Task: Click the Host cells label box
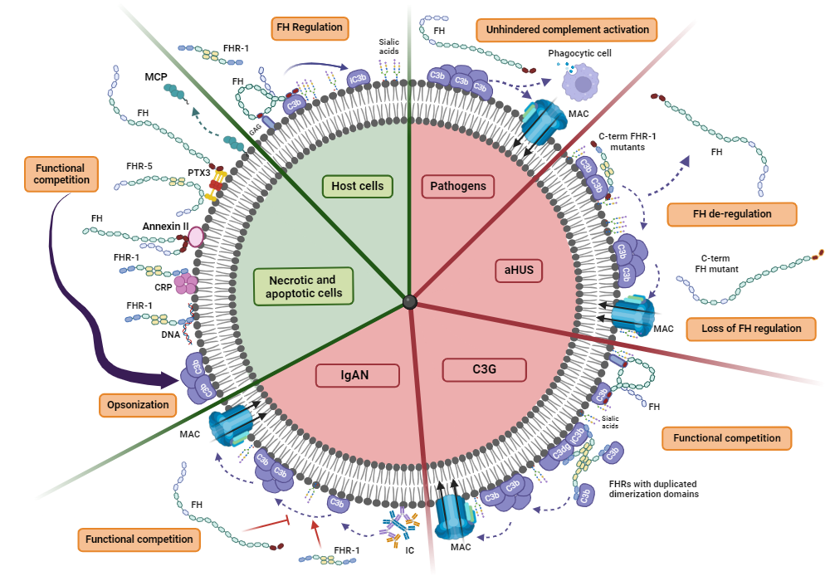point(358,186)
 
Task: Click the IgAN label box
point(354,375)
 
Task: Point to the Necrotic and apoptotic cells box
point(300,286)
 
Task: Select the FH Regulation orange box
point(310,28)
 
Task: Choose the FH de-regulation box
point(732,214)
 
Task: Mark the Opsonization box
point(138,406)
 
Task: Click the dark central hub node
point(409,302)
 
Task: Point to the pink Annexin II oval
point(197,237)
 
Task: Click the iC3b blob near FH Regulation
point(359,79)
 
